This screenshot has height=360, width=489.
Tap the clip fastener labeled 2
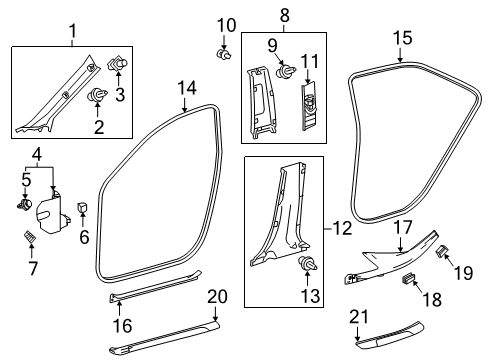click(x=100, y=96)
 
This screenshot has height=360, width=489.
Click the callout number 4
click(x=36, y=154)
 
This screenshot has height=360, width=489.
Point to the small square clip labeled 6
click(x=82, y=207)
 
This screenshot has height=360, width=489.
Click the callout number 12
click(x=342, y=229)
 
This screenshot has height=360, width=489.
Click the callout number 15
click(x=402, y=37)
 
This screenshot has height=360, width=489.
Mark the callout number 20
click(x=218, y=295)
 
